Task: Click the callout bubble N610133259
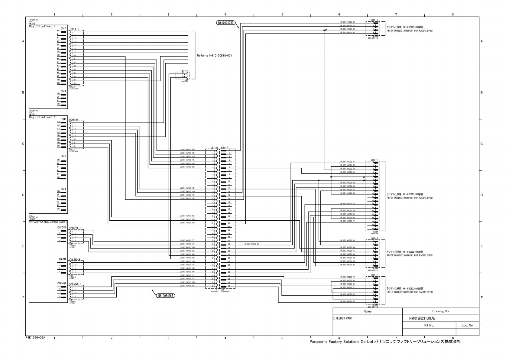225,23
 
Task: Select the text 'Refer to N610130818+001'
214,56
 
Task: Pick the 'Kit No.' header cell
429,326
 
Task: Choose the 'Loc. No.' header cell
467,326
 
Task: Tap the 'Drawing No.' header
440,311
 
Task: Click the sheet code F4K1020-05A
35,337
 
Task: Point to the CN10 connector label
63,28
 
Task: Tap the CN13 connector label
63,156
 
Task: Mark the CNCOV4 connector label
62,227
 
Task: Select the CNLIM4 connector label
62,259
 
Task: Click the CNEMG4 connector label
61,283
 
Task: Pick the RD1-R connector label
184,71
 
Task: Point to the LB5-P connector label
374,160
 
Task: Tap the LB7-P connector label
374,275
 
